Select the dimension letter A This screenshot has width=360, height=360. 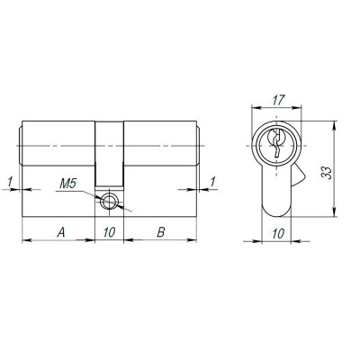[x=60, y=232]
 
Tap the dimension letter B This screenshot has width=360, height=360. [x=160, y=232]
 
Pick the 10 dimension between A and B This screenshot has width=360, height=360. [x=109, y=232]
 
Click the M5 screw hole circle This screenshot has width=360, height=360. [x=110, y=202]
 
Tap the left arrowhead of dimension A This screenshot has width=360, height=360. [x=25, y=240]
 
